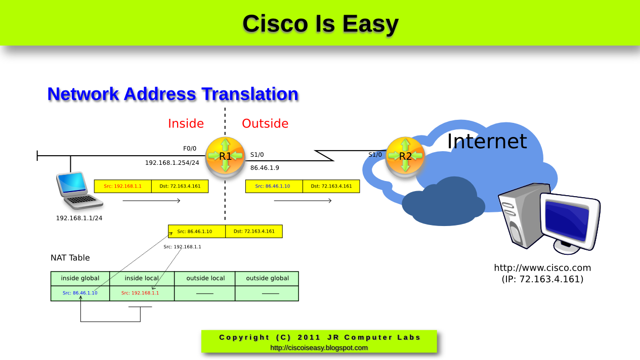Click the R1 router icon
coord(225,156)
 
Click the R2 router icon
coord(405,156)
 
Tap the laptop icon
coord(79,191)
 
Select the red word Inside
coord(186,124)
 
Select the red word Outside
coord(265,124)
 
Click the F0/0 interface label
coord(190,149)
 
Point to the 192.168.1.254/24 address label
coord(172,163)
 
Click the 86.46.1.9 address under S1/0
coord(265,167)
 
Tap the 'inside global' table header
coord(80,279)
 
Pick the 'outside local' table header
coord(205,279)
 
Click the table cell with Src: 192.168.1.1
coord(140,293)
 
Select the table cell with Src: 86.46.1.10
coord(80,293)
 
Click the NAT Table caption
coord(70,258)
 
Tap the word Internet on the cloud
coord(487,142)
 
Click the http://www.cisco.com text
coord(542,268)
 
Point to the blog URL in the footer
coord(319,348)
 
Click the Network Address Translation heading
coord(173,95)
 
